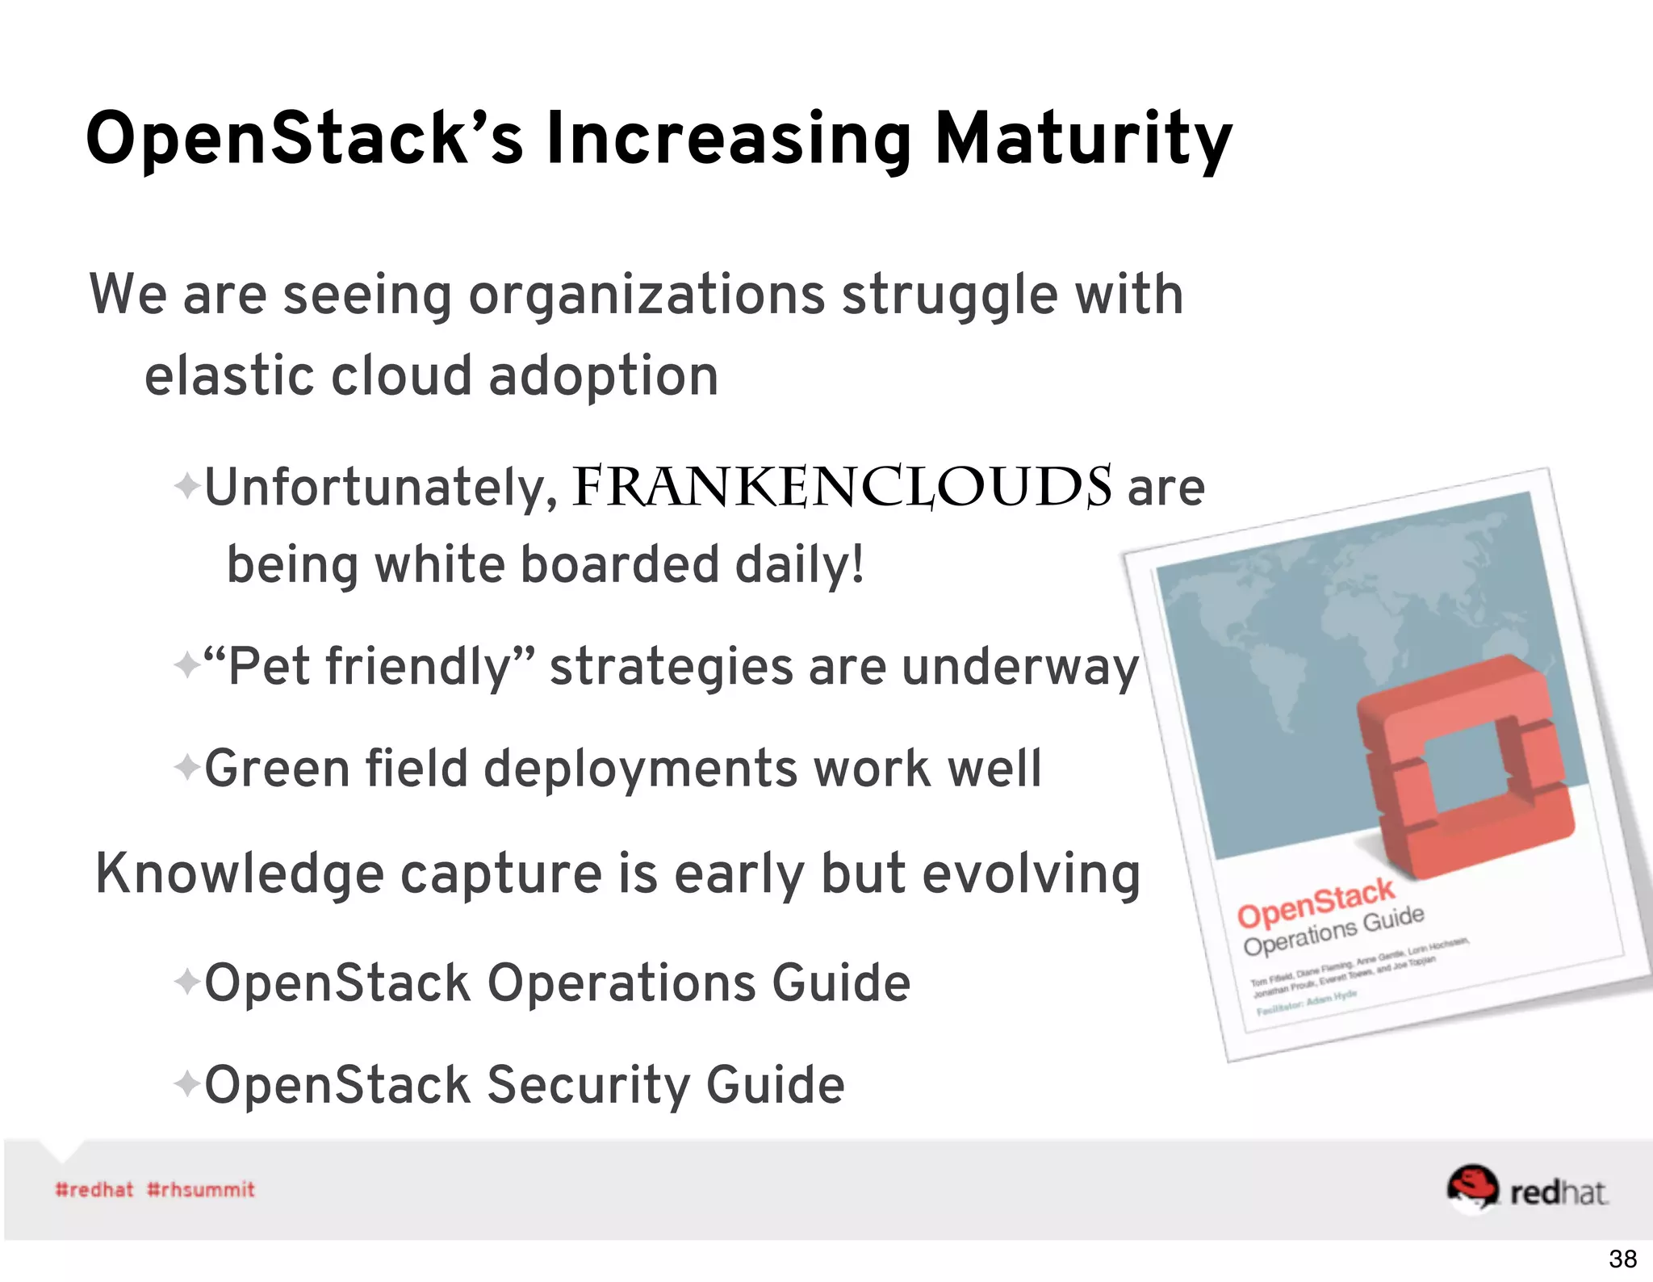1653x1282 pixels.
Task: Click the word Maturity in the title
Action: pyautogui.click(x=1083, y=139)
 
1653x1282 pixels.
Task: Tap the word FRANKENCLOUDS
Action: pyautogui.click(x=842, y=488)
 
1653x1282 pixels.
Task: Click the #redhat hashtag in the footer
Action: pyautogui.click(x=94, y=1189)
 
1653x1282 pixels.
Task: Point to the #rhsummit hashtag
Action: pyautogui.click(x=201, y=1189)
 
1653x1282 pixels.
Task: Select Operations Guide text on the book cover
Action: pyautogui.click(x=1333, y=931)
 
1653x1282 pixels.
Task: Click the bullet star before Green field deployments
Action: pyautogui.click(x=186, y=767)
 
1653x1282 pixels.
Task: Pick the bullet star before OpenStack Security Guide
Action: pyautogui.click(x=186, y=1083)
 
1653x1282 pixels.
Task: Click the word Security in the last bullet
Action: pyautogui.click(x=588, y=1083)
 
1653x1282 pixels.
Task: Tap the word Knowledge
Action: pyautogui.click(x=240, y=874)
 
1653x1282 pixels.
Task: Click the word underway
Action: pyautogui.click(x=1019, y=667)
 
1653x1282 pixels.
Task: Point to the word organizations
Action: pyautogui.click(x=647, y=294)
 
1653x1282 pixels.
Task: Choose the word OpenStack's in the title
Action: pyautogui.click(x=305, y=139)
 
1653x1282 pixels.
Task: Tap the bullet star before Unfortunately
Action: pyautogui.click(x=186, y=487)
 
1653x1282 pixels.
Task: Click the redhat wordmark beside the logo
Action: pyautogui.click(x=1558, y=1192)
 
